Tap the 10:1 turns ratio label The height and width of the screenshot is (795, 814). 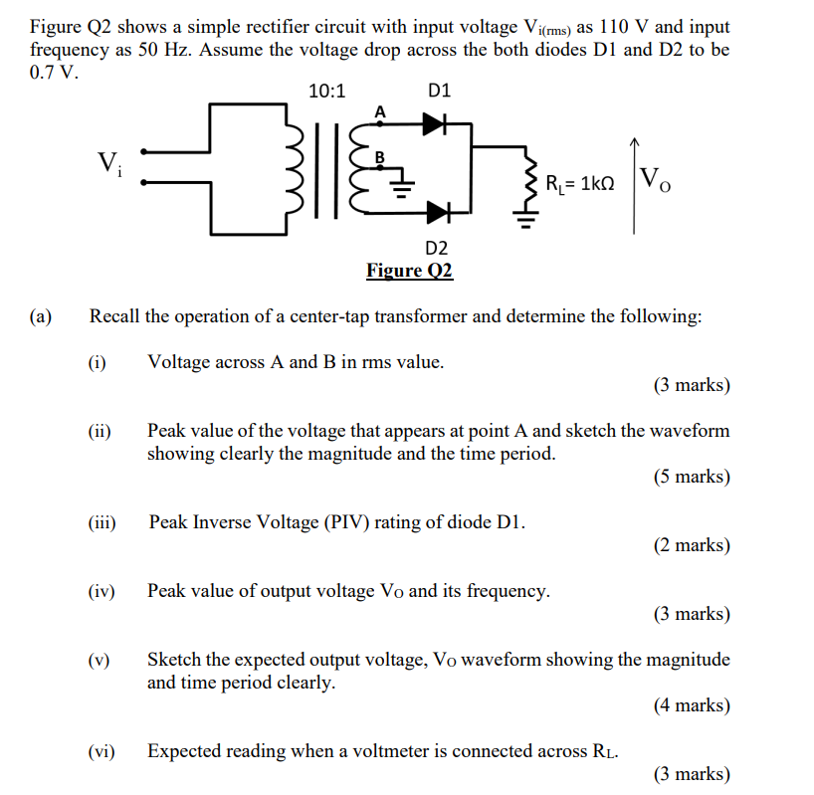[x=326, y=92]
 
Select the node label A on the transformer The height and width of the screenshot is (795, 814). [x=379, y=112]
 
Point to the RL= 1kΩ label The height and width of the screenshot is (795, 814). [x=581, y=183]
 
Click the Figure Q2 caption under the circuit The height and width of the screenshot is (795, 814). [x=409, y=271]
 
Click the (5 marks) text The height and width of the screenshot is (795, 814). [x=692, y=477]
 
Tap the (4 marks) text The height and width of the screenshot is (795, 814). [x=692, y=705]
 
